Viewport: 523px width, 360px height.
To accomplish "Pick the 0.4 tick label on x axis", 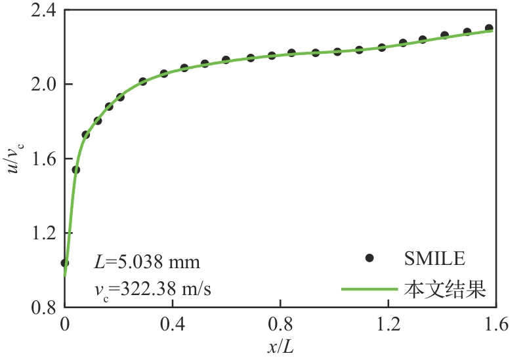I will click(x=173, y=323).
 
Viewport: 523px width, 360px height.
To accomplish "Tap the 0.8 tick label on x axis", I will click(x=280, y=323).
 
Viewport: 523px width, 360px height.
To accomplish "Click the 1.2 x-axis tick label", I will click(x=388, y=323).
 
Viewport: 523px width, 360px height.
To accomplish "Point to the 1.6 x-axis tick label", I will click(x=496, y=323).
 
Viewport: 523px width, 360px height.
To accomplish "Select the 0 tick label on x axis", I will click(x=64, y=323).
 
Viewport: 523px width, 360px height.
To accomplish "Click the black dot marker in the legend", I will click(x=369, y=258).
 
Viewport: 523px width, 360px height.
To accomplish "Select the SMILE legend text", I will click(x=434, y=258).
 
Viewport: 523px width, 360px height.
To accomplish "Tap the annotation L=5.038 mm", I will click(x=147, y=263).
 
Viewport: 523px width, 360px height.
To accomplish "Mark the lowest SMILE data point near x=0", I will click(x=64, y=263).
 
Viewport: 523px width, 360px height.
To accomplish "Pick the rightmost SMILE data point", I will click(x=489, y=28).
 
